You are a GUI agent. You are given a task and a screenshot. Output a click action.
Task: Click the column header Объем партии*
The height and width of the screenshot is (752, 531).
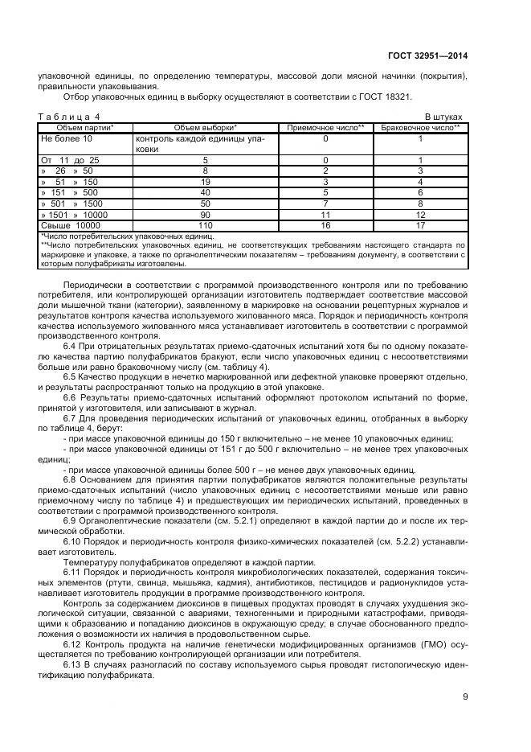coord(84,128)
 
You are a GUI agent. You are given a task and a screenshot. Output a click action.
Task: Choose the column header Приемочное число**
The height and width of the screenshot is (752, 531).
coord(325,128)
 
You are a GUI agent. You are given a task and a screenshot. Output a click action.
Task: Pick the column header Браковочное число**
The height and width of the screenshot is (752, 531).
coord(420,128)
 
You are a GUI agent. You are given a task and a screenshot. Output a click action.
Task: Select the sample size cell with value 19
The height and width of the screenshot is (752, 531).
coord(205,183)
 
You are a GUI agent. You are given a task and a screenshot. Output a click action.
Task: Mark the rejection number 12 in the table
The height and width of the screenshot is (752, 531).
coord(420,216)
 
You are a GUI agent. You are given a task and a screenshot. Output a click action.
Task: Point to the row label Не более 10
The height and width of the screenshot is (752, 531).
coord(67,139)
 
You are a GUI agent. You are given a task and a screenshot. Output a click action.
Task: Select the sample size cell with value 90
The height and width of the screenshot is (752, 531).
coord(205,216)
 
